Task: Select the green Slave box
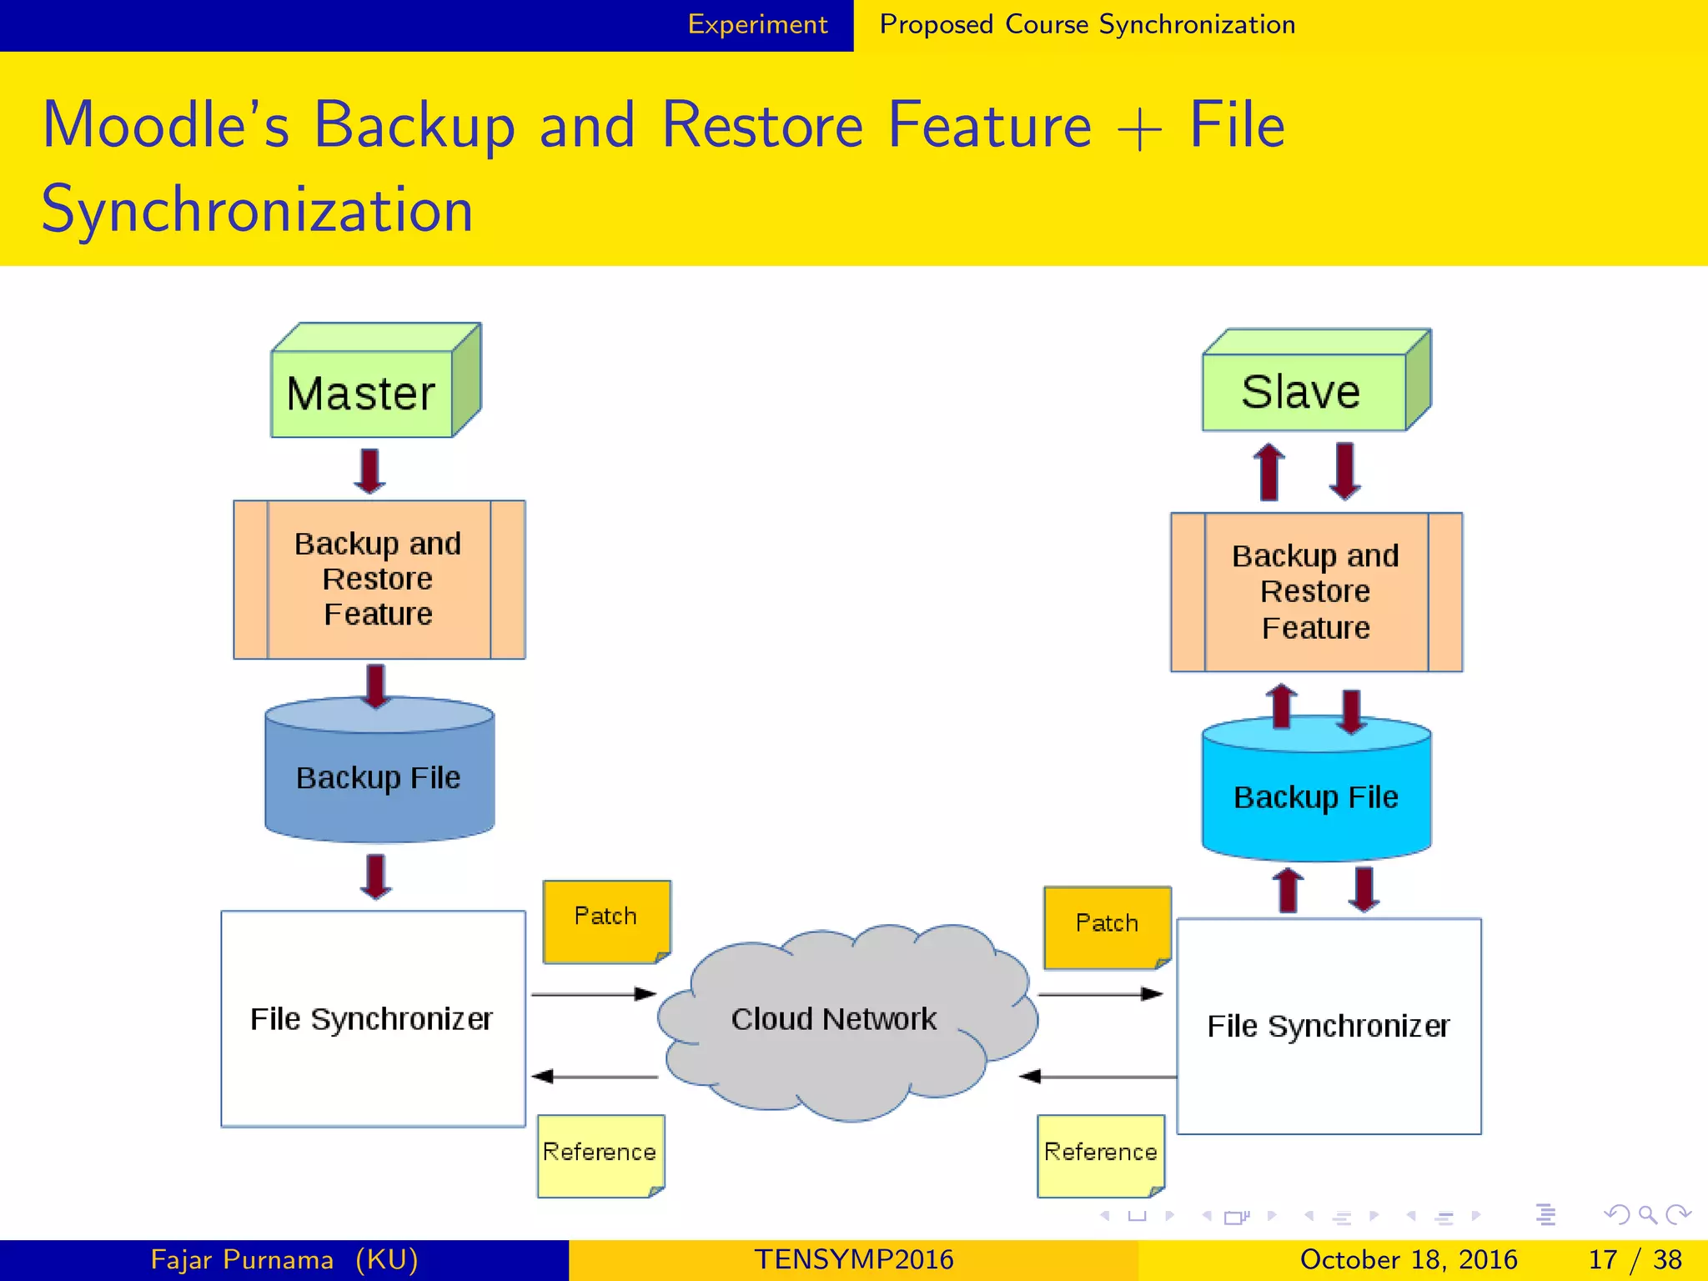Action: click(x=1304, y=391)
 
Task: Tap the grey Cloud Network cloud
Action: click(x=834, y=1020)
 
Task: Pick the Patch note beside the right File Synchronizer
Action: click(x=1107, y=925)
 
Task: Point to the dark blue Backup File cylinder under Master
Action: click(x=379, y=777)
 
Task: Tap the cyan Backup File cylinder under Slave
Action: click(x=1315, y=796)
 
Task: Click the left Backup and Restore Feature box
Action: click(x=379, y=580)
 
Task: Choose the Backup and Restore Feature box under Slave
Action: click(x=1315, y=592)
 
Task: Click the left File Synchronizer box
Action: click(x=372, y=1019)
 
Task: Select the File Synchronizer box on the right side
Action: click(x=1329, y=1027)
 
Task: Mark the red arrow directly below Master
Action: click(x=369, y=470)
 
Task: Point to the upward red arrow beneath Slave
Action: click(x=1269, y=471)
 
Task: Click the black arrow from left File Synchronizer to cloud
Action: click(x=593, y=994)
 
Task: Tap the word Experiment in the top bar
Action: click(x=757, y=25)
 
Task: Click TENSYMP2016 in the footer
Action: click(x=853, y=1259)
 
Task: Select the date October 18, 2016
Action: click(x=1409, y=1259)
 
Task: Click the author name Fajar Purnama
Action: click(x=242, y=1259)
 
